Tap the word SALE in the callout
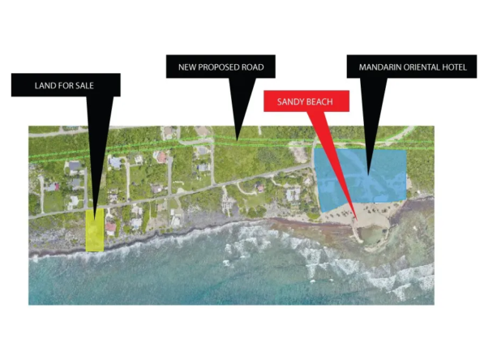tap(83, 86)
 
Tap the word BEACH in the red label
tap(319, 101)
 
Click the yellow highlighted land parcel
tap(95, 230)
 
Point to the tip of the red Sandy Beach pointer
tap(358, 220)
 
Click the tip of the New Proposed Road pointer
tap(237, 140)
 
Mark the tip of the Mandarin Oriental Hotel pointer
tap(369, 175)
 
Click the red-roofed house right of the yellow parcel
tap(110, 228)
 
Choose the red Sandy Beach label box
tap(306, 101)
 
